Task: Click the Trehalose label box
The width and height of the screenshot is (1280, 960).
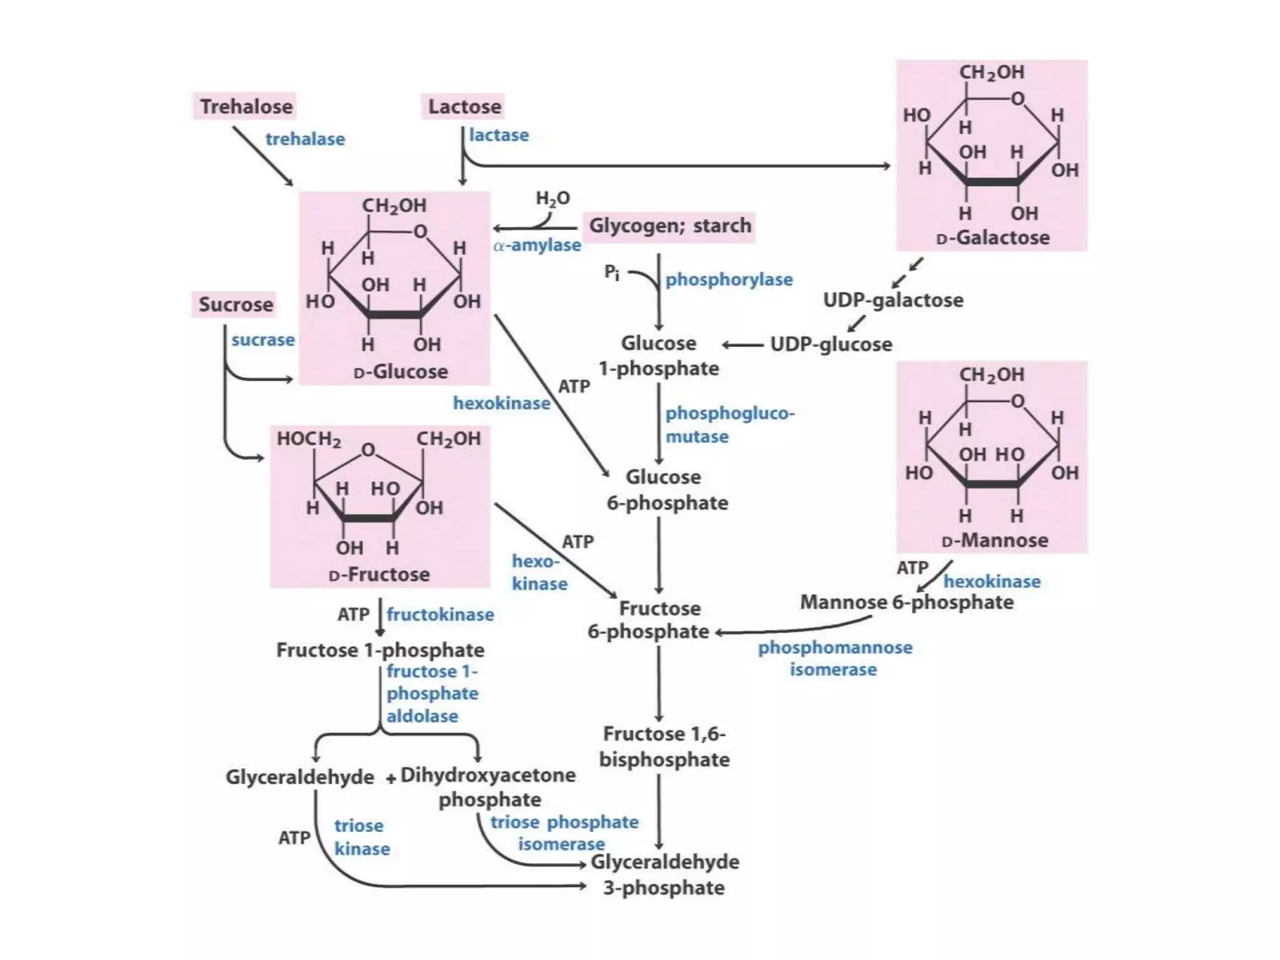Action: [245, 106]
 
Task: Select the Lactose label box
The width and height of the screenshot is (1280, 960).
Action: [463, 106]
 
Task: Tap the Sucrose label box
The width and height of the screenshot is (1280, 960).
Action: [235, 304]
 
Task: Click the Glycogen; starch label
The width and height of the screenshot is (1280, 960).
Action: [669, 226]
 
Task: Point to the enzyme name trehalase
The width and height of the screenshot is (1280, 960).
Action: [305, 139]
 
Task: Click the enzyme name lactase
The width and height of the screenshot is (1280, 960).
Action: [499, 135]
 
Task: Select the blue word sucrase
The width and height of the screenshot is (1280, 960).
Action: [262, 340]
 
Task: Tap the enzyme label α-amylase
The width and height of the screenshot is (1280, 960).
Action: [537, 245]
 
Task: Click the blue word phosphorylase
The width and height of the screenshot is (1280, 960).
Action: [729, 279]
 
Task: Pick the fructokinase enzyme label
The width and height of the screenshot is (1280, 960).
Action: [440, 614]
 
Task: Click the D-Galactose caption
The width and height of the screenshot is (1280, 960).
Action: [992, 238]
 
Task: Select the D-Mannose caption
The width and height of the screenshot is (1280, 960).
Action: [994, 540]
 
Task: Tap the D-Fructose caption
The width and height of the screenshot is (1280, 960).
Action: [379, 574]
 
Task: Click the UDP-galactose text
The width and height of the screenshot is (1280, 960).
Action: [892, 300]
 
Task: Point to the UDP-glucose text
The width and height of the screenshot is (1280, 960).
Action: [831, 344]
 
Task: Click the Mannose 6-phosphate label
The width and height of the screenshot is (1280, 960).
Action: [906, 602]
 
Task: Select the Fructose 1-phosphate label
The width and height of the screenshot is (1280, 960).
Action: [380, 650]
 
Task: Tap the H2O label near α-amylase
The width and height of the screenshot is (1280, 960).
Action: [552, 199]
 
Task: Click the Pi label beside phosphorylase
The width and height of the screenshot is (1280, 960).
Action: [612, 272]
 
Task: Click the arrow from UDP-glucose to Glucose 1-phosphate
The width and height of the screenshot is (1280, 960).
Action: [742, 345]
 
